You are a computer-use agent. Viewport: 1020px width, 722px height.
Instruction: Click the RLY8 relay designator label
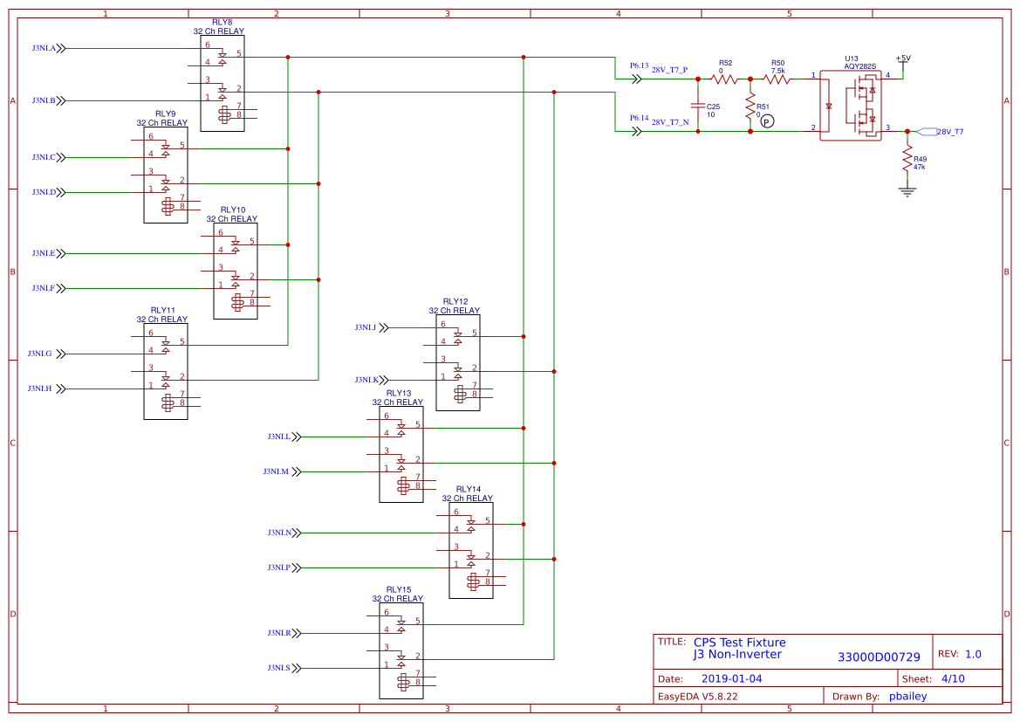[x=222, y=22]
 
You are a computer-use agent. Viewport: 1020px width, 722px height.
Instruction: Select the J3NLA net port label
[x=44, y=49]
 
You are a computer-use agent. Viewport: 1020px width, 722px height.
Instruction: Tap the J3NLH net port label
[x=39, y=389]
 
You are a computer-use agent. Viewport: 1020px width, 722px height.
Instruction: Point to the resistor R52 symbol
[x=725, y=79]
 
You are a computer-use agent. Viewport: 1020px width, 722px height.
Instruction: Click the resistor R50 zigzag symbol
[x=777, y=79]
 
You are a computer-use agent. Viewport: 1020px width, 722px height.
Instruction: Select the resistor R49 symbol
[x=907, y=159]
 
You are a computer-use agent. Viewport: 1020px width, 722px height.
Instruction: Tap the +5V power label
[x=903, y=58]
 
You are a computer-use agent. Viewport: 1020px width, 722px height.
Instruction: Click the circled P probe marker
[x=766, y=121]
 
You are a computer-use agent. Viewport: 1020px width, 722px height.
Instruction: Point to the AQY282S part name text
[x=859, y=66]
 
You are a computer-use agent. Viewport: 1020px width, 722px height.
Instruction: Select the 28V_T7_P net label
[x=670, y=70]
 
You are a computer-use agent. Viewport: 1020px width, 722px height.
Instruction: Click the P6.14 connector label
[x=639, y=118]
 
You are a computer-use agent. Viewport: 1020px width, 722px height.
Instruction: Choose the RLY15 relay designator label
[x=398, y=590]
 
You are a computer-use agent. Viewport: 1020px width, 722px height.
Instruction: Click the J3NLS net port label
[x=278, y=668]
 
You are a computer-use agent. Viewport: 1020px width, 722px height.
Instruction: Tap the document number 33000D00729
[x=879, y=657]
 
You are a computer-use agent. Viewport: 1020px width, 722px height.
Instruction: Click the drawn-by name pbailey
[x=907, y=697]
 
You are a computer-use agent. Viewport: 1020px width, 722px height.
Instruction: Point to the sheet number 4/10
[x=953, y=678]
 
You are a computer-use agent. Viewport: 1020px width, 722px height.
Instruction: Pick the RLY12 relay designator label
[x=455, y=301]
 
